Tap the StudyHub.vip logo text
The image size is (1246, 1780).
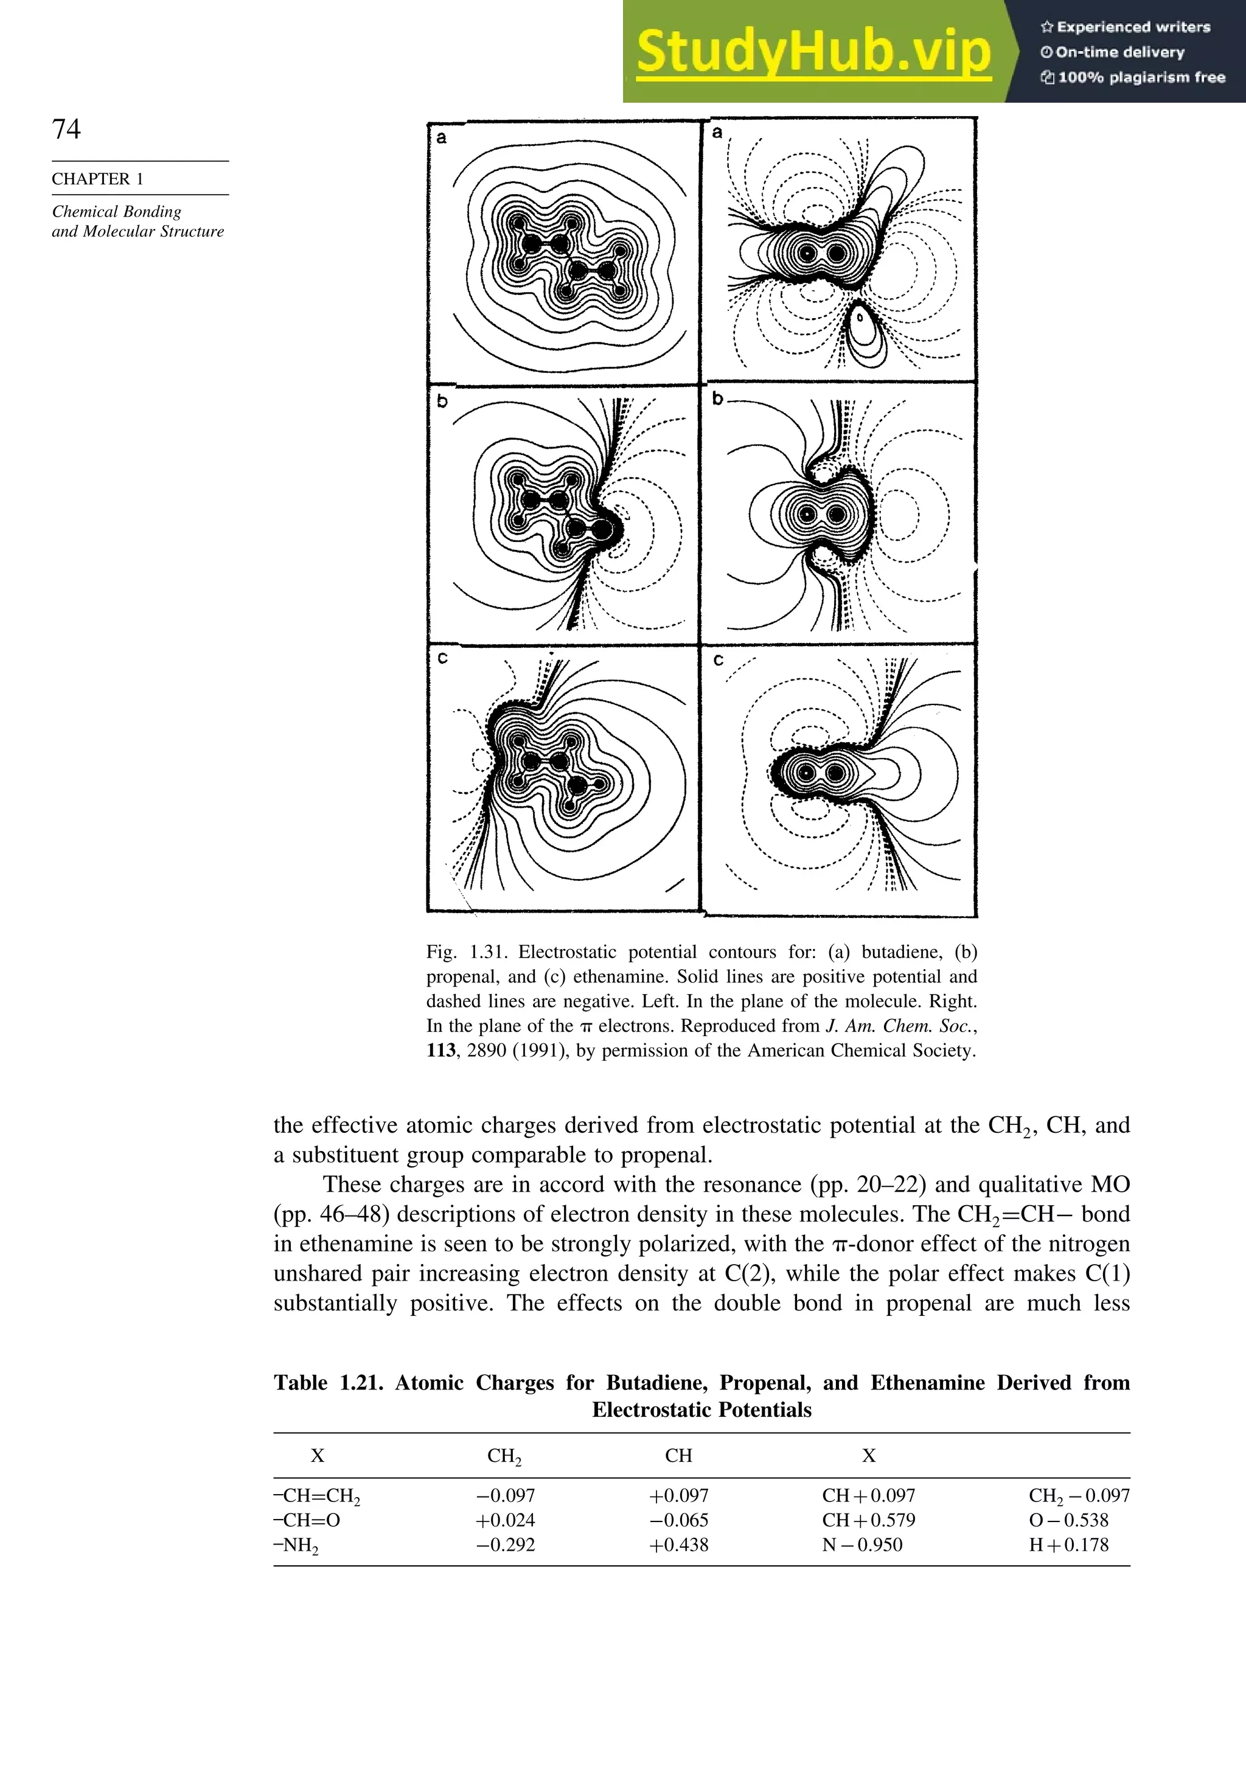[813, 52]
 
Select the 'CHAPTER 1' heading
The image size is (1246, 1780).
[98, 179]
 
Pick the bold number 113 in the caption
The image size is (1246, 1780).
[442, 1051]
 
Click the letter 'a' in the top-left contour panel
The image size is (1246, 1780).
[442, 138]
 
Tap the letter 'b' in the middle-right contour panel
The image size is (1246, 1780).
[717, 398]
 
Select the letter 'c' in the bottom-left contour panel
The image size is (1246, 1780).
[442, 658]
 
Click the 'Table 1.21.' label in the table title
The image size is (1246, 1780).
[328, 1383]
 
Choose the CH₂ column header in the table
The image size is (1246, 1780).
[504, 1456]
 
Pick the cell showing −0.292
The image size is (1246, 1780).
[506, 1545]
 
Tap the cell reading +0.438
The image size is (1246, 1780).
[678, 1545]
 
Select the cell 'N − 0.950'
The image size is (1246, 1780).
[862, 1545]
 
